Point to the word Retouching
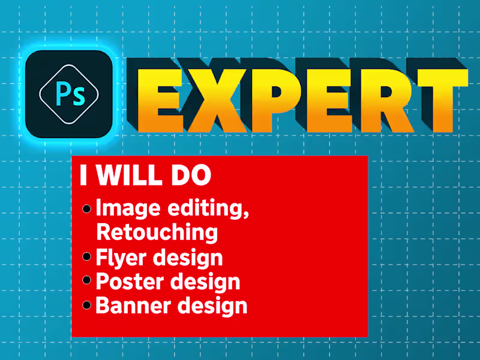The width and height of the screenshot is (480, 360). pyautogui.click(x=157, y=232)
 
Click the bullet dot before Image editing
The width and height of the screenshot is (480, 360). pyautogui.click(x=87, y=209)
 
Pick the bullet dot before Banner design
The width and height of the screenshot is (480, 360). pyautogui.click(x=87, y=305)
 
